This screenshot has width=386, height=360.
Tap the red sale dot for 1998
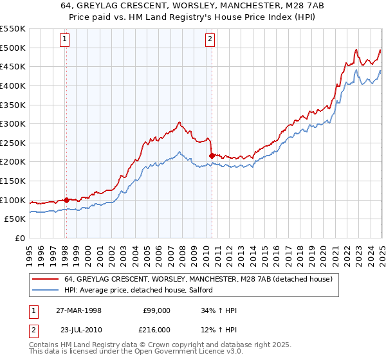click(x=66, y=200)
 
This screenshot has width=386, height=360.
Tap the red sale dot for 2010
click(x=211, y=155)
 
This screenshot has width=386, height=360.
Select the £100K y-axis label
click(x=14, y=200)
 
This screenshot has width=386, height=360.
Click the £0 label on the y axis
click(x=19, y=238)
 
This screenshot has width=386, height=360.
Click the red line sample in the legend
click(x=46, y=280)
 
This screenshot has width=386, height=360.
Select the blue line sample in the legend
click(x=46, y=291)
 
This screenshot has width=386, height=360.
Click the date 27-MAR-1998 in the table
click(x=78, y=310)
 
